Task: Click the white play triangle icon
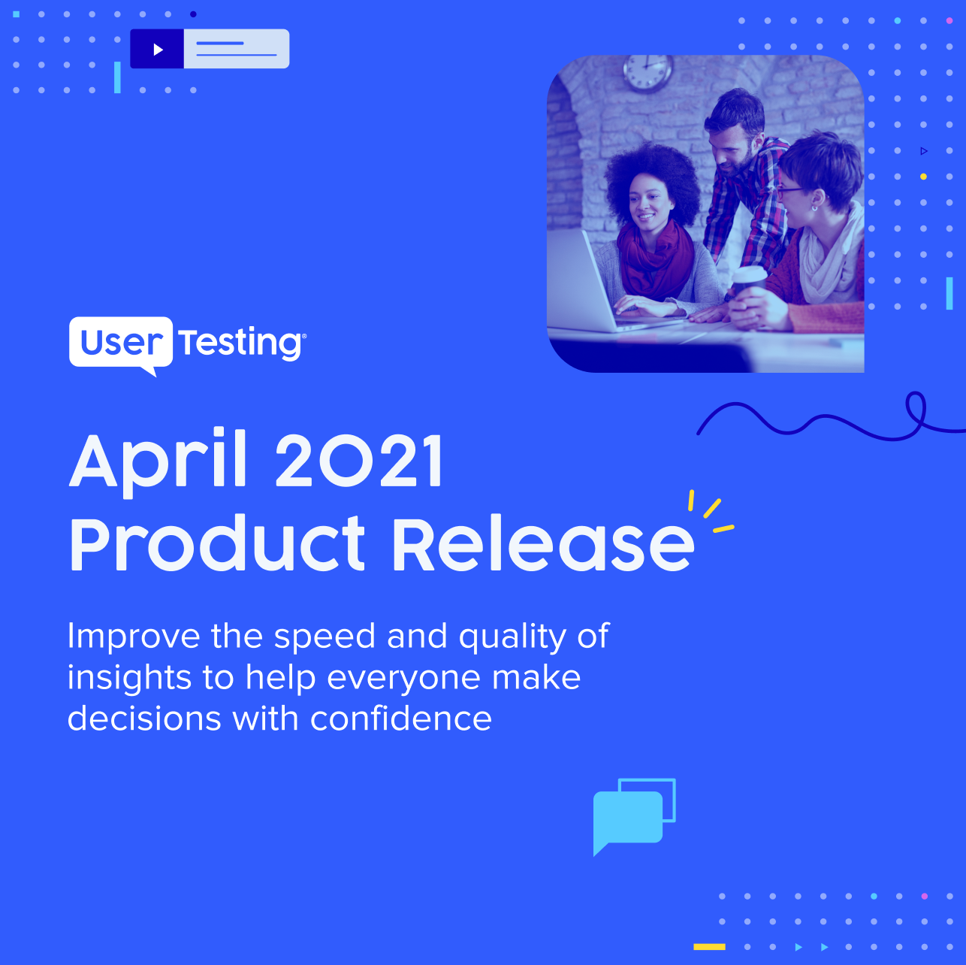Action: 158,49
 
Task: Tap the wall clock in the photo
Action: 648,73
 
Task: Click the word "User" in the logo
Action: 122,343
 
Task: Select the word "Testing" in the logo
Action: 240,343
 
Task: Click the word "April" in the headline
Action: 158,462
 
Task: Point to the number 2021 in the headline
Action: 359,461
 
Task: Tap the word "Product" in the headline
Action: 218,543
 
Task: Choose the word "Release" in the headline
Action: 543,543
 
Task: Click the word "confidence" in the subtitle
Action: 401,718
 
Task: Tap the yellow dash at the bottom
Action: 709,946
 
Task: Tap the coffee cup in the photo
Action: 750,283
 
